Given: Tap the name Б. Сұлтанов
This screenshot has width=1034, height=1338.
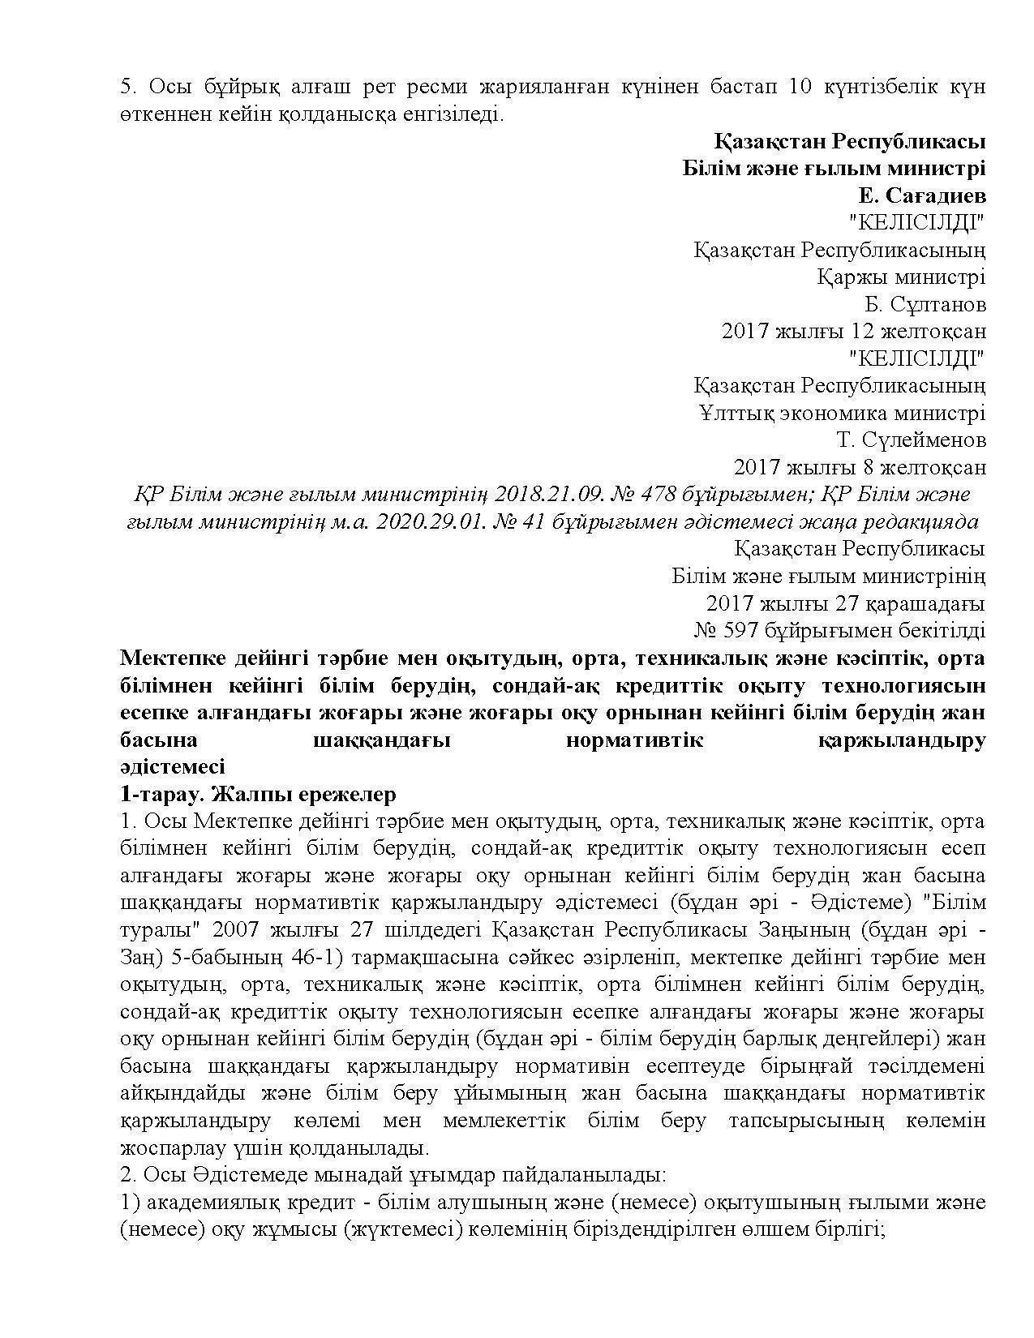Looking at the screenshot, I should point(925,305).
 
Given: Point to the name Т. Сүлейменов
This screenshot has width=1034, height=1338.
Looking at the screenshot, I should point(911,440).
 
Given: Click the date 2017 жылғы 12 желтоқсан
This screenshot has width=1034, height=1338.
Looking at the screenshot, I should point(853,332).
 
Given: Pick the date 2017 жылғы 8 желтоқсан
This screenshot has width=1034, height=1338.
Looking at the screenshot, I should point(860,468).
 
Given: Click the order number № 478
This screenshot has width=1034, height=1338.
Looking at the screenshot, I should point(607,495).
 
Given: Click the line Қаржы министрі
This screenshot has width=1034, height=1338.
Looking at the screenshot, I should point(900,277).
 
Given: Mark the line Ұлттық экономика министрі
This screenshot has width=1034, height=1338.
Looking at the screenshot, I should point(842,414).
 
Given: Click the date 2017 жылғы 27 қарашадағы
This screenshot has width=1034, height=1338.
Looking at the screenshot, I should point(845,603).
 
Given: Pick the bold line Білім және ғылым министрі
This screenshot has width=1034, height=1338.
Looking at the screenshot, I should point(834,169).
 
